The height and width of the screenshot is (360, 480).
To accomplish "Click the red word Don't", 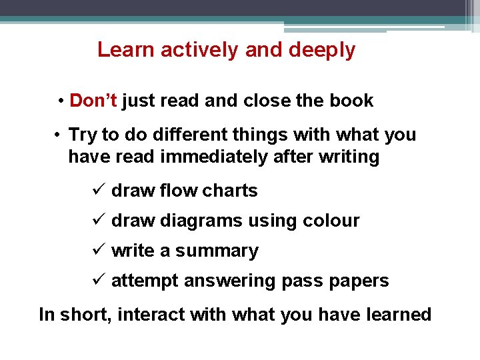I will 93,101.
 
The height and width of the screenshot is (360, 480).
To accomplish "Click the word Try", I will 83,135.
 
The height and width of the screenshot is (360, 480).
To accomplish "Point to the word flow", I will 179,191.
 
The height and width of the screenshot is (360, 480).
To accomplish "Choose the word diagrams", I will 200,221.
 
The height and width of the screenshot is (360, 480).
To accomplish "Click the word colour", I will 331,221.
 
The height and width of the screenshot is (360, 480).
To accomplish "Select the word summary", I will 217,251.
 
